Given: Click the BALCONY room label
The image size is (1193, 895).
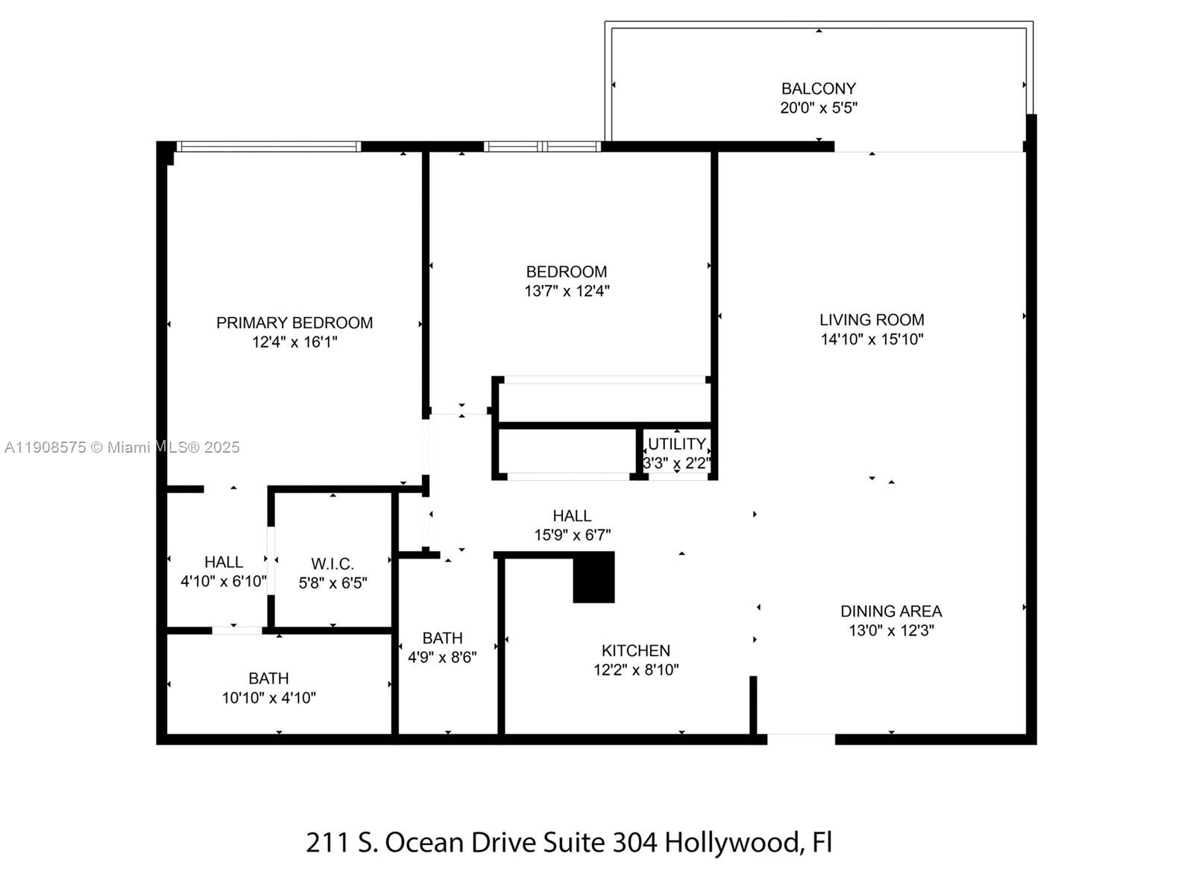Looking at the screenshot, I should (818, 88).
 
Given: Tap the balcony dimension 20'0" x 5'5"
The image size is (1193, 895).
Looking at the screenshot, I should (818, 107).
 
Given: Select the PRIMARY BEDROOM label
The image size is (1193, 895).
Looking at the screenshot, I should (295, 323).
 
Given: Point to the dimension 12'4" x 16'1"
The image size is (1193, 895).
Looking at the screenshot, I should (295, 342).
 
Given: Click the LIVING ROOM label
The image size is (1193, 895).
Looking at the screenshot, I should (872, 320).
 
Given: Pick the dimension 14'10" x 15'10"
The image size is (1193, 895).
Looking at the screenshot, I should (872, 339).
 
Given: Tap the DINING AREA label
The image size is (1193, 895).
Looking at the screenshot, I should (891, 611).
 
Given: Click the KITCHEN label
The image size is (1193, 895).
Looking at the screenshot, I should (636, 650).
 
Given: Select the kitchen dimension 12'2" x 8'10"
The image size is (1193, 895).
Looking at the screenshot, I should (636, 670).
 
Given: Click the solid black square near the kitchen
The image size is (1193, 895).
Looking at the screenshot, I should (594, 577).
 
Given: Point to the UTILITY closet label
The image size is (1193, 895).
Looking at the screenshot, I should (676, 444).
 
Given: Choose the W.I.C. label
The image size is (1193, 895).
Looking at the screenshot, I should (333, 564).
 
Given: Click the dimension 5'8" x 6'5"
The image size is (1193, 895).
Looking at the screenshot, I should (333, 583).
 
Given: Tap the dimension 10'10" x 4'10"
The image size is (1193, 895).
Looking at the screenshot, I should (268, 698).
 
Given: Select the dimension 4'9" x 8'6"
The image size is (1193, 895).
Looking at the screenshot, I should (442, 657).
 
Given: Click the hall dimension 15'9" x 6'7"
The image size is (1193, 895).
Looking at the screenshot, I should (572, 535).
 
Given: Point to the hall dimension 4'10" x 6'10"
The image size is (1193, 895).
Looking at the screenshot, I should (223, 581).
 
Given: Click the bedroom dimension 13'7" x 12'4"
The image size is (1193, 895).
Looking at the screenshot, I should (567, 291).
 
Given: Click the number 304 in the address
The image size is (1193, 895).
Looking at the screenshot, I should (635, 842).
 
